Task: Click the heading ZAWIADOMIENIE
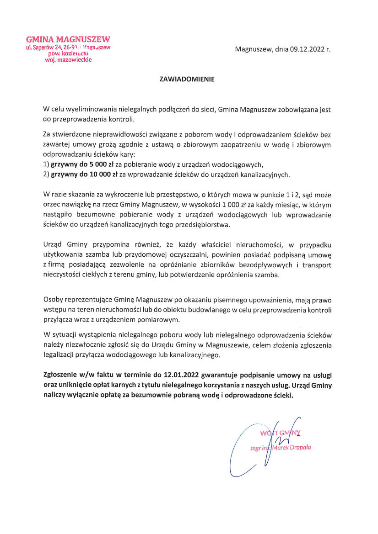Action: (x=187, y=79)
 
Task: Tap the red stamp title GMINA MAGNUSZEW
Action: (x=68, y=39)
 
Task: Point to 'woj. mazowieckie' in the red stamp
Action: (x=68, y=60)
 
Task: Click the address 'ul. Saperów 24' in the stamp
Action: (x=43, y=47)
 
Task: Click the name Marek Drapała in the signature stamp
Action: (x=292, y=447)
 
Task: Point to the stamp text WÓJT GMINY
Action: (x=280, y=432)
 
